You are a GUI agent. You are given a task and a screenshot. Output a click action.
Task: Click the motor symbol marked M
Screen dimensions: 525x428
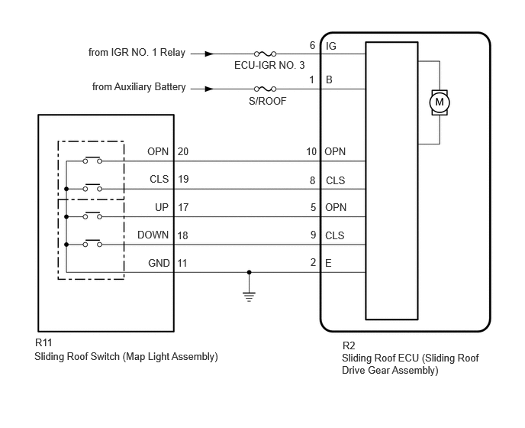(x=440, y=102)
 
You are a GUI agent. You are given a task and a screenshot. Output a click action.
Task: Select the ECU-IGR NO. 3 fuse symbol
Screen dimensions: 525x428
(x=266, y=53)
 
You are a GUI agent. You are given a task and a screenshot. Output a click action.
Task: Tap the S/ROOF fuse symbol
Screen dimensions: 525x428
(x=266, y=89)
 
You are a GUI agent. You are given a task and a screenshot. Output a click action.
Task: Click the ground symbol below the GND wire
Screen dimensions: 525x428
(x=249, y=297)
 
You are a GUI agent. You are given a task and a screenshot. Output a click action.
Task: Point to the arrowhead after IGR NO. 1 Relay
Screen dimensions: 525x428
(x=209, y=53)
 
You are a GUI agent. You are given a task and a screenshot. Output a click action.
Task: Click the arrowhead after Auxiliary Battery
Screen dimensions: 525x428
(x=209, y=89)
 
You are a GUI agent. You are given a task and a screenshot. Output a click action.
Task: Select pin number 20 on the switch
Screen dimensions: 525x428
(x=183, y=151)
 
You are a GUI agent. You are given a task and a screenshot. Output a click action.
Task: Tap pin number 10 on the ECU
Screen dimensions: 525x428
(x=311, y=151)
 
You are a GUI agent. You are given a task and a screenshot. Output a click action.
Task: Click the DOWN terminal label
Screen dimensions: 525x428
(x=153, y=235)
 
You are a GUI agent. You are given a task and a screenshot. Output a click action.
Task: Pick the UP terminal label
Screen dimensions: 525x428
(x=162, y=207)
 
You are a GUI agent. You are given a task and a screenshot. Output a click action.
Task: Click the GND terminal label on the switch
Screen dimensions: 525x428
(x=159, y=263)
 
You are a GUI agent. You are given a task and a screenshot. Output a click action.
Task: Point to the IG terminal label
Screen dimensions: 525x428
(x=331, y=46)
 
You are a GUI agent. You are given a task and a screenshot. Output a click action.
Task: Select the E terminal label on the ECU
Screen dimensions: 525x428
(x=328, y=263)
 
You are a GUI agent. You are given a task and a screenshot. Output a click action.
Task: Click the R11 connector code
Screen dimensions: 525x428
(x=43, y=343)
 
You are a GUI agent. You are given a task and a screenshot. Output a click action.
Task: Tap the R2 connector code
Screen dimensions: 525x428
(x=349, y=345)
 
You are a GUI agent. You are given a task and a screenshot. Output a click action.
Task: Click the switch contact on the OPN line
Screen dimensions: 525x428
(x=92, y=160)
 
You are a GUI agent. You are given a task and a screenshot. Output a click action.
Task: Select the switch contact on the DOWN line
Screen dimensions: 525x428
(x=92, y=243)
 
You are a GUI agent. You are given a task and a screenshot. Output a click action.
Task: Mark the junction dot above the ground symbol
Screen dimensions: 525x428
(x=249, y=272)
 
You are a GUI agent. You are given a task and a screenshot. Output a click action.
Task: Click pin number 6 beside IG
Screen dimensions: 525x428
(x=312, y=45)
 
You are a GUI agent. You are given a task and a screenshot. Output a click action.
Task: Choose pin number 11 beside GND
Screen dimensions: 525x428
(x=182, y=263)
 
